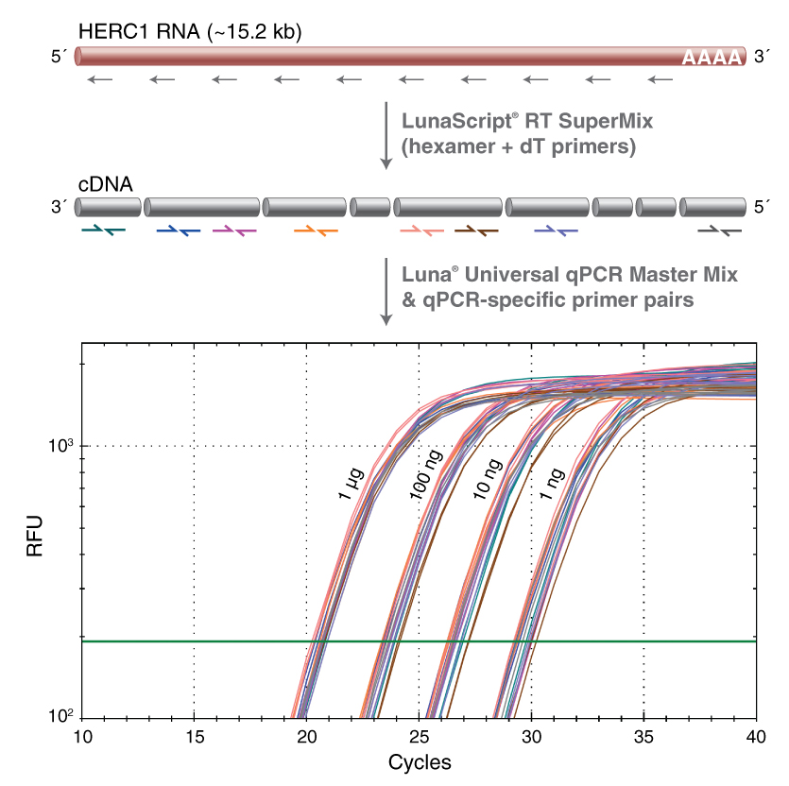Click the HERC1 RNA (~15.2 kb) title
pyautogui.click(x=188, y=30)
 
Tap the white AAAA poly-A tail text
pyautogui.click(x=711, y=59)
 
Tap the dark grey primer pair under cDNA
pyautogui.click(x=719, y=230)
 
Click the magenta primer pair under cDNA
pyautogui.click(x=235, y=230)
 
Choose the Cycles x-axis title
pyautogui.click(x=419, y=761)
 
